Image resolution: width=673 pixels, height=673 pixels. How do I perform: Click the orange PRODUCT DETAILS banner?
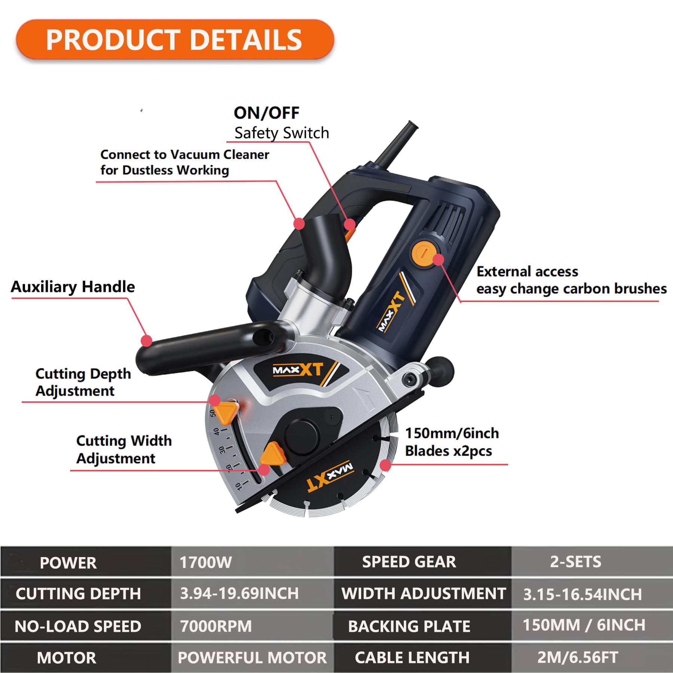pos(175,40)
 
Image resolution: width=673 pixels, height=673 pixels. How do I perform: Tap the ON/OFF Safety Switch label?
pos(281,123)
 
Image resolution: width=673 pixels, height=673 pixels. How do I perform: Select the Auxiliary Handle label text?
pos(73,287)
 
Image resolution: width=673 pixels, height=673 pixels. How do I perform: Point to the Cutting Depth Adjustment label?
pos(83,382)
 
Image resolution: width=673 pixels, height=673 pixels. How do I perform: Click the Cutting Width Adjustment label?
pos(124,449)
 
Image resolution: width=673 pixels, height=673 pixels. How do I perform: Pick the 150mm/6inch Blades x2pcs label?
pos(452,442)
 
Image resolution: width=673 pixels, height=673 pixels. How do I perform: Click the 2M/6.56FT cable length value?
pos(578,657)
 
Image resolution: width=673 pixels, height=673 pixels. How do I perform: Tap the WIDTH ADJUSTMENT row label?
pos(423,594)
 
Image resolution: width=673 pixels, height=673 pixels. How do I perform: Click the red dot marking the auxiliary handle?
pos(147,341)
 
